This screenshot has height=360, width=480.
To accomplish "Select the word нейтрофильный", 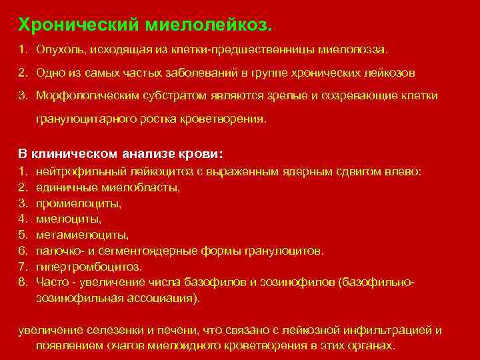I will pyautogui.click(x=74, y=171).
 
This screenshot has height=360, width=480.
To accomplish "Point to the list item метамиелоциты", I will pyautogui.click(x=82, y=235).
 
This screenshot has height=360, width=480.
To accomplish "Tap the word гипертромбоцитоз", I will pyautogui.click(x=89, y=267).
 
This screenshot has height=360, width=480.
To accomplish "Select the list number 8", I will pyautogui.click(x=22, y=283).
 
